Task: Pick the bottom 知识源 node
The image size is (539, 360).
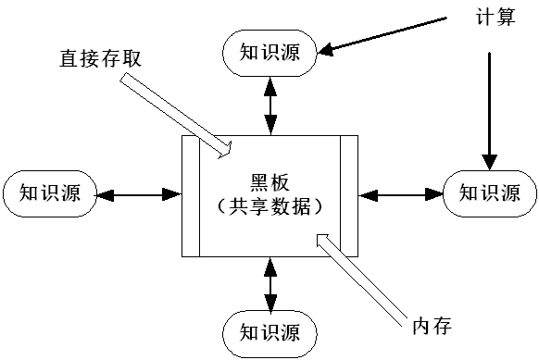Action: click(269, 330)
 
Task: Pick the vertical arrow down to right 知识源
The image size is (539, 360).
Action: click(487, 111)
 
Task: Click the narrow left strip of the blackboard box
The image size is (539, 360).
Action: click(192, 194)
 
